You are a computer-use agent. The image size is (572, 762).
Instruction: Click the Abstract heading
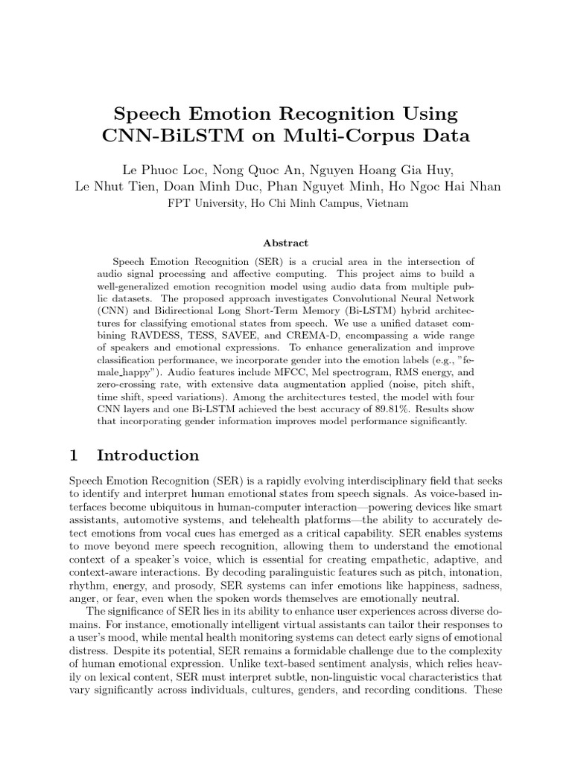pos(286,243)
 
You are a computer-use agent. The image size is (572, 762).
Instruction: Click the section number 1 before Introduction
pos(74,455)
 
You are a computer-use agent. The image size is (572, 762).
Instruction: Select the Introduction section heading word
pos(148,455)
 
